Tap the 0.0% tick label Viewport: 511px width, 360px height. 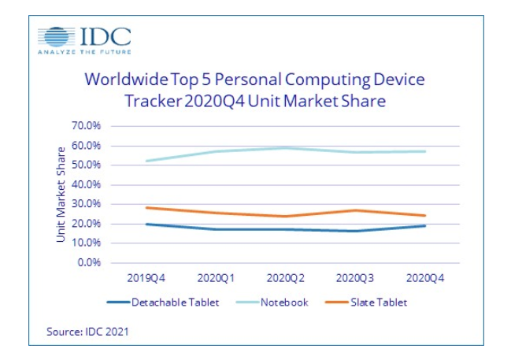88,262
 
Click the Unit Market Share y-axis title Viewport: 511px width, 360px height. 61,194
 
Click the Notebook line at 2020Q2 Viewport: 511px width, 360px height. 286,148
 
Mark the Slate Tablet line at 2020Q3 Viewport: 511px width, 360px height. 356,210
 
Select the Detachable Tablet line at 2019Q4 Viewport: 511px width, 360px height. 146,224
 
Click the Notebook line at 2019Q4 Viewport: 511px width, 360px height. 146,161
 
